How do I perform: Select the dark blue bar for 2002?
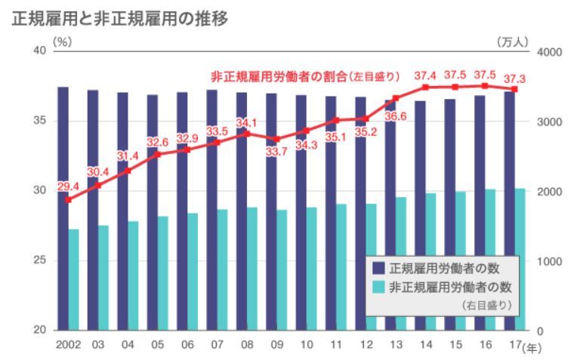point(63,208)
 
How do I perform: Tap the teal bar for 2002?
point(74,279)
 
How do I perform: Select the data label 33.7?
point(274,152)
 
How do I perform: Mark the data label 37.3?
point(515,78)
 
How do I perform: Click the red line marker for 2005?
point(158,154)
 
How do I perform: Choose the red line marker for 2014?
point(425,88)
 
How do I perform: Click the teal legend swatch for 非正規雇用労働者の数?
point(379,287)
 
